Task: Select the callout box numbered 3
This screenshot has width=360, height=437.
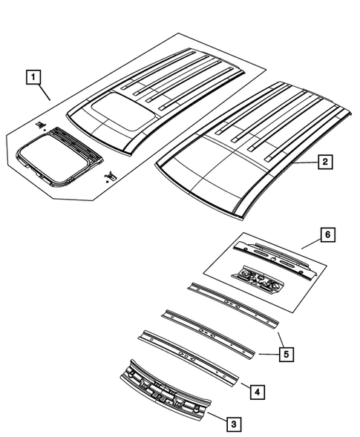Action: point(233,423)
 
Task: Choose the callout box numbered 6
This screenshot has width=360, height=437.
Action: point(327,235)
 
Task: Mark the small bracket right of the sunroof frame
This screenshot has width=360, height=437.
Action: point(111,174)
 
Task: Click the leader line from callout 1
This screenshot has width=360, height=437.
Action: point(43,91)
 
